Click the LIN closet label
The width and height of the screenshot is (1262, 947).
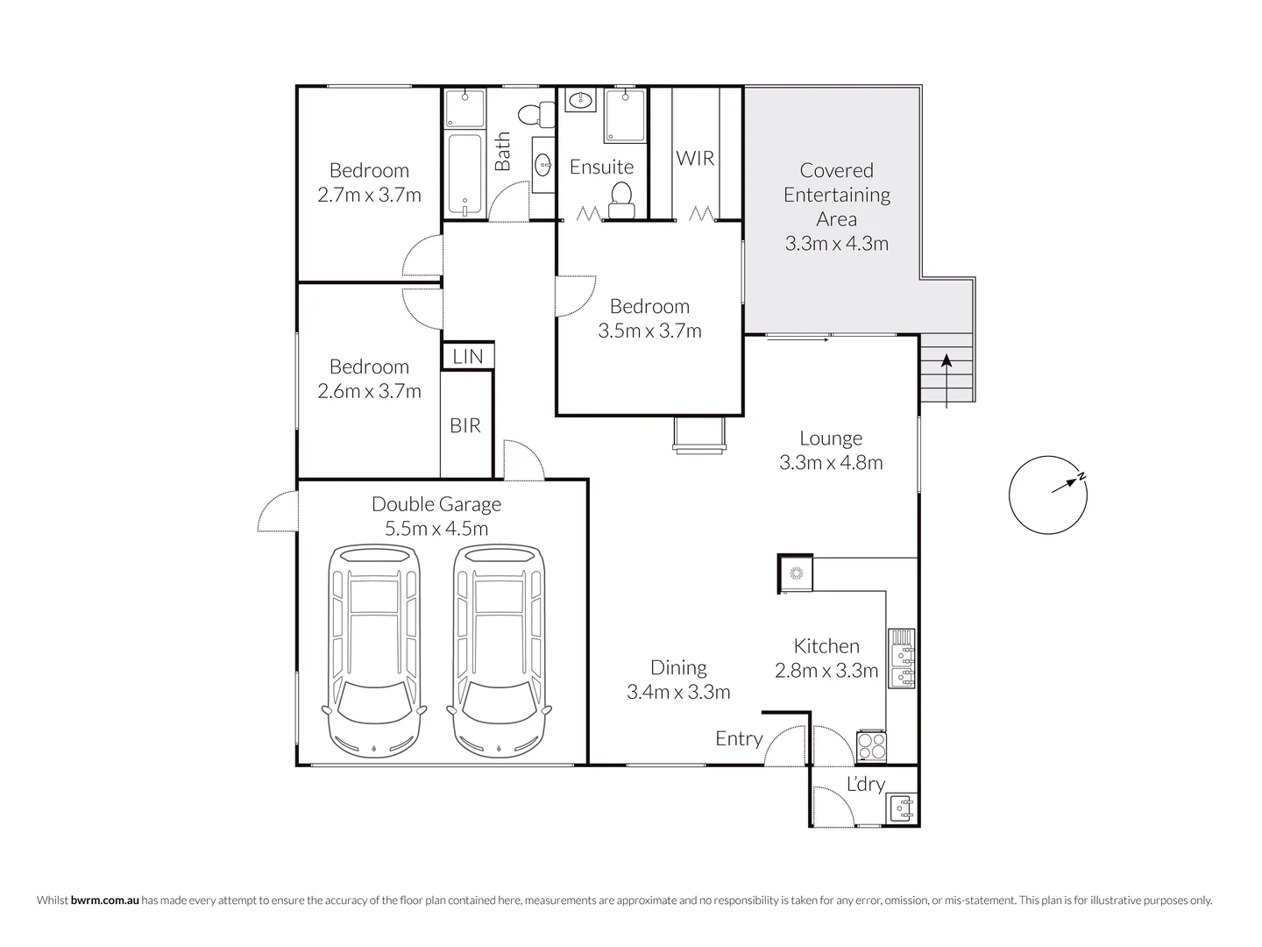[x=467, y=356]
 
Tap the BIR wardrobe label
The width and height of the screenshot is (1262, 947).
[x=465, y=425]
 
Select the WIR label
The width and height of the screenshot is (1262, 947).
[x=695, y=158]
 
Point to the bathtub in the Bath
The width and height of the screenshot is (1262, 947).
[x=464, y=174]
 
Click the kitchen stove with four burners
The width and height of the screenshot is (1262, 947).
[x=871, y=746]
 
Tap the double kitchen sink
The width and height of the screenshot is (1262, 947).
[x=902, y=657]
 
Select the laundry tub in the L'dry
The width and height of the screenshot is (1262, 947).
[x=902, y=808]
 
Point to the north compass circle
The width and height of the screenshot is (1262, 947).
[x=1048, y=495]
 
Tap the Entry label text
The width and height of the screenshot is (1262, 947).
[x=739, y=738]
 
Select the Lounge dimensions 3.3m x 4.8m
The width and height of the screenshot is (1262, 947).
[x=831, y=462]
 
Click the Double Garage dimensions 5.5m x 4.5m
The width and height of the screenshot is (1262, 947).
[x=436, y=528]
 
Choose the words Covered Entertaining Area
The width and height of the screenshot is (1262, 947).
[x=836, y=195]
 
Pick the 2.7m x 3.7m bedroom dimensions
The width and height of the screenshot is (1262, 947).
[x=369, y=195]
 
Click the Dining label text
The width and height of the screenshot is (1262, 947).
[x=678, y=667]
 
